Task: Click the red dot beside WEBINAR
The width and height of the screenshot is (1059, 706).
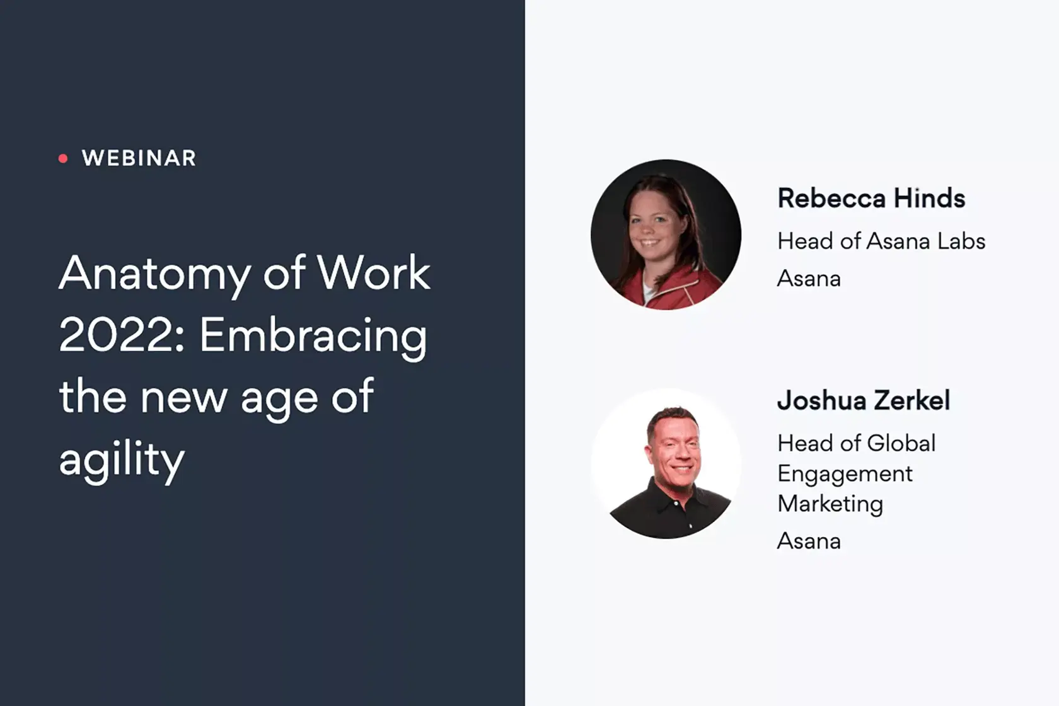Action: coord(63,158)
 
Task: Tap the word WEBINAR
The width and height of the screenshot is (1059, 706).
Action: coord(139,158)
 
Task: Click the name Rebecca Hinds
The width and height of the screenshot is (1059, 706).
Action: coord(871,198)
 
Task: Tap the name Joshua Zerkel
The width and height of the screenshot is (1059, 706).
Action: coord(864,400)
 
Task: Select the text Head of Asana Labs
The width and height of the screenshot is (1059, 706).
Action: coord(881,241)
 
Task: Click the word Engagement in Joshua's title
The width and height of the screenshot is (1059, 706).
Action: coord(845,475)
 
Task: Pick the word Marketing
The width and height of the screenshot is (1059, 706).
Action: coord(830,504)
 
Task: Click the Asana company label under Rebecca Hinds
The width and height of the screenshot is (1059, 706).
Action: coord(809,279)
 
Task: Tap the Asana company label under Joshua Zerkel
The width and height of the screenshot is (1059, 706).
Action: coord(809,541)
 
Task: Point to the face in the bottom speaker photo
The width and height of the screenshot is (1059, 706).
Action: coord(674,450)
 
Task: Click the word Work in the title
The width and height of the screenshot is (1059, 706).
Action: coord(373,273)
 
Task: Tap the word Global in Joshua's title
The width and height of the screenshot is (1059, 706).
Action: coord(901,444)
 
